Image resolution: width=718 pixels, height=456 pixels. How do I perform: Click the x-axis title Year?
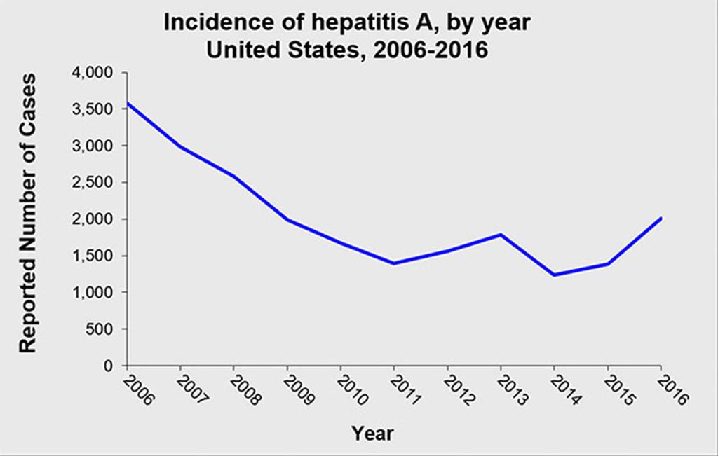tap(372, 433)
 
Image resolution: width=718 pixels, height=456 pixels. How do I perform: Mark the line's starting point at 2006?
tap(127, 103)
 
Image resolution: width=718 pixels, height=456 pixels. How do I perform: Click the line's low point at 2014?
tap(554, 275)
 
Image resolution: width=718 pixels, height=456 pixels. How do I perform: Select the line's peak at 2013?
tap(501, 234)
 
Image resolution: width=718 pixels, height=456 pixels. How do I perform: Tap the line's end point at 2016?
tap(661, 218)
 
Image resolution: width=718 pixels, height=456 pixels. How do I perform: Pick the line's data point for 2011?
tap(394, 263)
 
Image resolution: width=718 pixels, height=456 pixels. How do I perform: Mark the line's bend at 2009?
tap(287, 220)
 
